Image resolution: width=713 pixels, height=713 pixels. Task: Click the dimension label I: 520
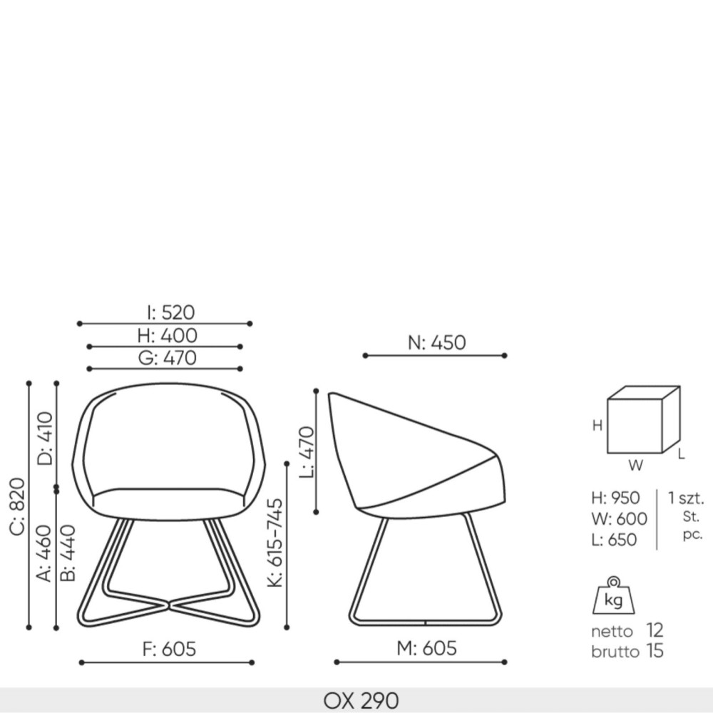(171, 312)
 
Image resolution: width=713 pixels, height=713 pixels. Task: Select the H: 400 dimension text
(168, 336)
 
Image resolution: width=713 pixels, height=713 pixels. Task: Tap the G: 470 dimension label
(168, 358)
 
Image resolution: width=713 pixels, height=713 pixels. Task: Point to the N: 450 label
(436, 342)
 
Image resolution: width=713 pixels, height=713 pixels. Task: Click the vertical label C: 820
(17, 506)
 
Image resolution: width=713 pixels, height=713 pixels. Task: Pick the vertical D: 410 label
(45, 438)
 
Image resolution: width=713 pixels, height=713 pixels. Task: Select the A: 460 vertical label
(44, 553)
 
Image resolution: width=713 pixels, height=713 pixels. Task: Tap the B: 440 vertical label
(68, 553)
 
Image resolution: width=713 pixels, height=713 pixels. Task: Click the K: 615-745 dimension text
(275, 543)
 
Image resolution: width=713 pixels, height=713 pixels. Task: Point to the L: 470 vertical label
(307, 452)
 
